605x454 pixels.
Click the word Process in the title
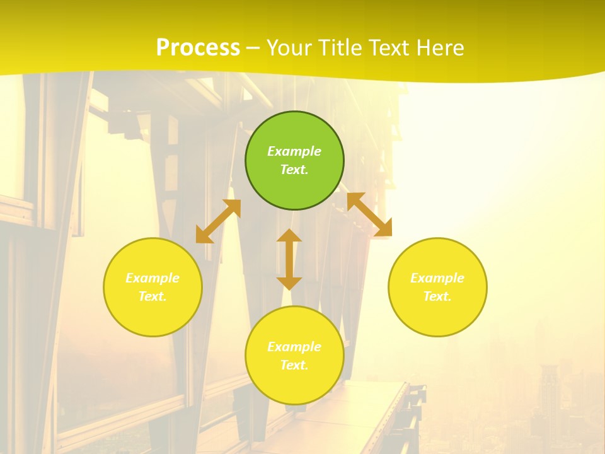tap(198, 48)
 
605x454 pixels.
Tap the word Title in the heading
tap(340, 48)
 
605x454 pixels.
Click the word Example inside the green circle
tap(294, 151)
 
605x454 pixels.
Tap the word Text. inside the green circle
tap(294, 170)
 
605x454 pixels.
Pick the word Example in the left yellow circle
tap(153, 278)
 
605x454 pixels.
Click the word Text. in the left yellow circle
tap(153, 296)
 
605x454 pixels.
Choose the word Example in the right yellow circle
tap(437, 278)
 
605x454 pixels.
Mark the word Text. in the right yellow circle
tap(437, 296)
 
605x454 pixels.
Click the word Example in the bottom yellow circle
tap(294, 347)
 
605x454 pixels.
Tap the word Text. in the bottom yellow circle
tap(294, 365)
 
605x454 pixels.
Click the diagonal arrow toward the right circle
tap(369, 214)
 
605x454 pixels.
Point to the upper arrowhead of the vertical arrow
tap(289, 236)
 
